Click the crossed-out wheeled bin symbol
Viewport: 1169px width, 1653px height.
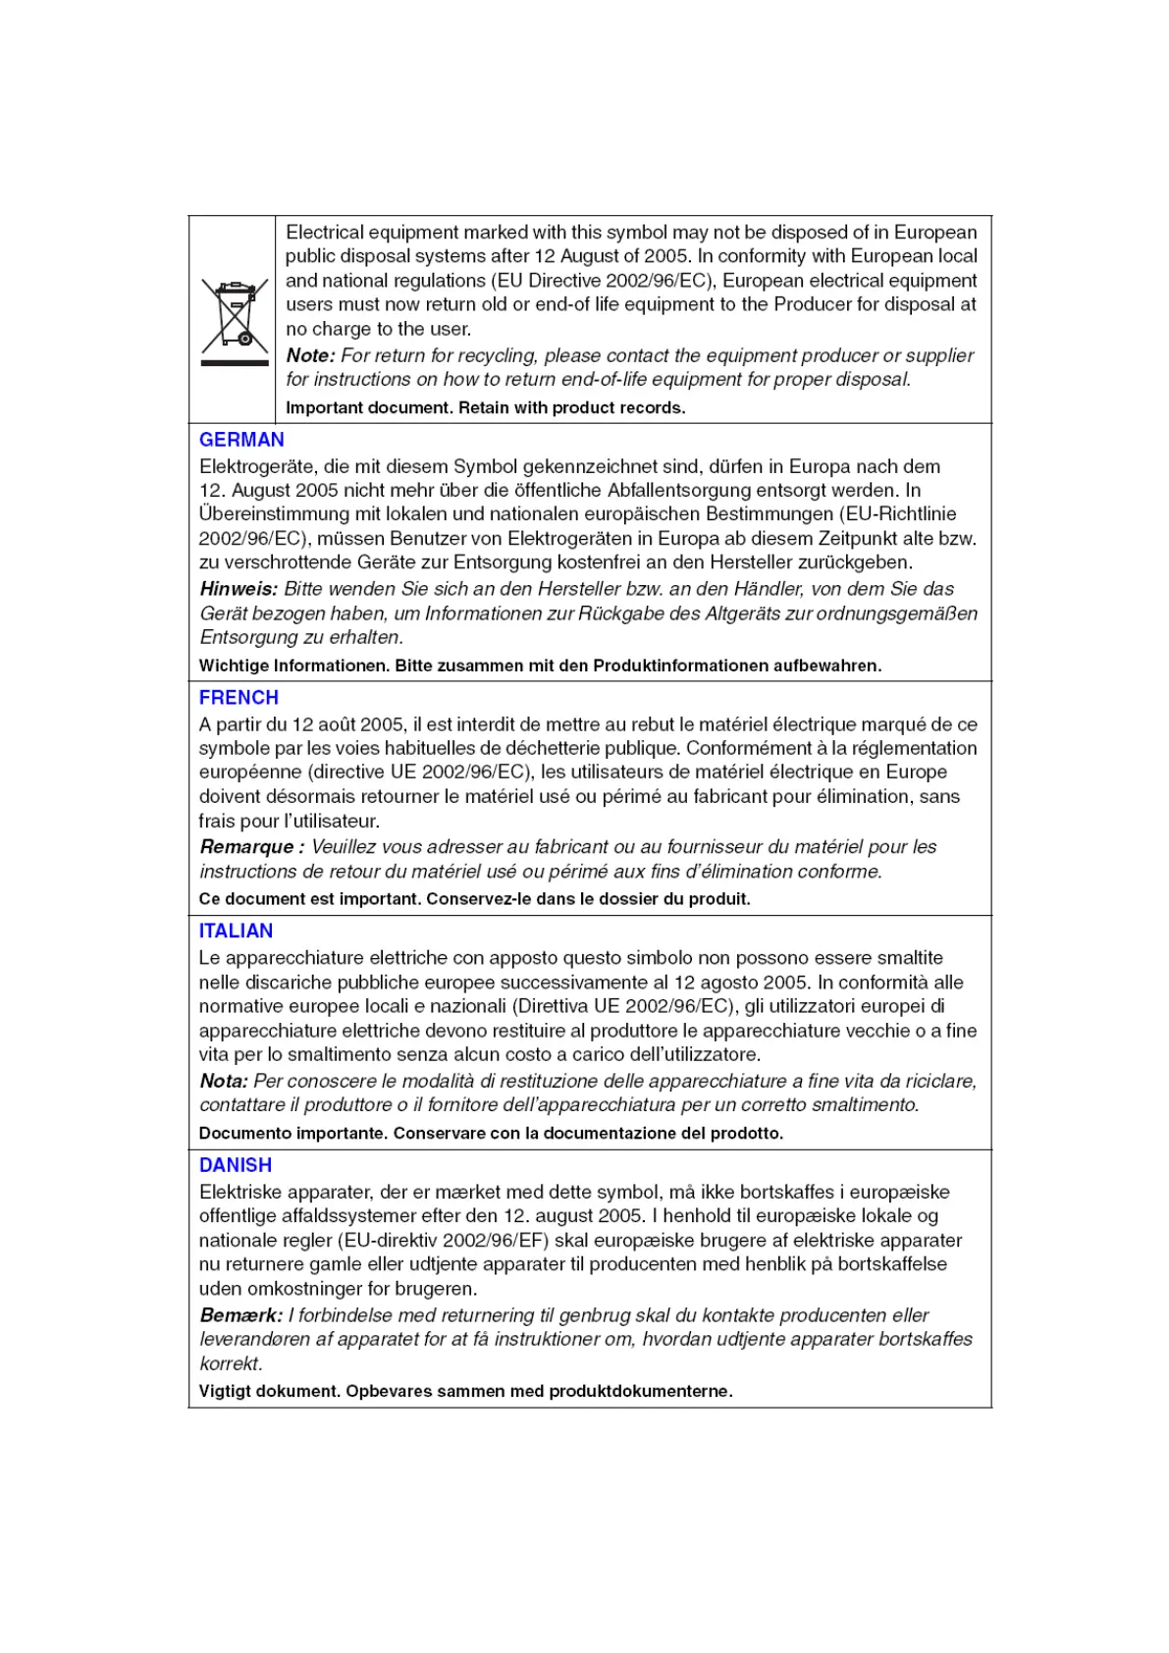point(235,314)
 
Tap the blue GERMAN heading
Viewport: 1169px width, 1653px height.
point(241,440)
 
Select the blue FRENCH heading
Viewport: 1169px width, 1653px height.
point(239,698)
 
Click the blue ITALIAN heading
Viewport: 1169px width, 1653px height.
point(236,932)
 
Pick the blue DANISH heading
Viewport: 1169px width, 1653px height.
point(235,1165)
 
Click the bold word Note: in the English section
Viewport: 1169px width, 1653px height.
point(310,355)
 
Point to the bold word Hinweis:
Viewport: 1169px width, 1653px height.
point(239,589)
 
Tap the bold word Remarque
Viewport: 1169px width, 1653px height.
point(246,846)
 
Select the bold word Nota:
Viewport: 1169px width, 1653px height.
point(223,1081)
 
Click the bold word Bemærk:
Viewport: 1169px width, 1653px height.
point(240,1315)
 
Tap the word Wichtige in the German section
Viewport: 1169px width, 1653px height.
point(234,666)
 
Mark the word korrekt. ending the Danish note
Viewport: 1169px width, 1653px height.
point(231,1363)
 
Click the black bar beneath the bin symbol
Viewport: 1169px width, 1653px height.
point(235,363)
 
